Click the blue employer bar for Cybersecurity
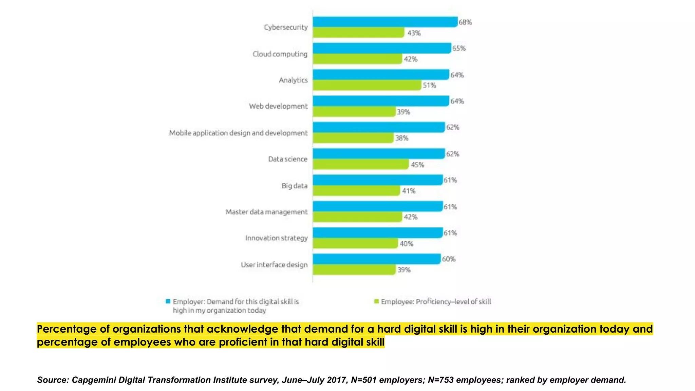tap(385, 22)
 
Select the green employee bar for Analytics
tap(367, 85)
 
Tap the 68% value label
tap(465, 22)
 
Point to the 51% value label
tap(429, 86)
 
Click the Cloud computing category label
tap(280, 54)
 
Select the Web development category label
tap(278, 106)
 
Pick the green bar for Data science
tap(360, 165)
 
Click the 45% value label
tap(417, 165)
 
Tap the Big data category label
tap(294, 186)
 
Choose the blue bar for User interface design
tap(377, 259)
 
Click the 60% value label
tap(448, 259)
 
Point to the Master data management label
tap(266, 212)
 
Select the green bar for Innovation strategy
tap(355, 243)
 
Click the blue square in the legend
tap(168, 301)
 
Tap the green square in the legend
tap(376, 301)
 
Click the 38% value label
tap(401, 138)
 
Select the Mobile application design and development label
tap(238, 133)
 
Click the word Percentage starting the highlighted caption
tap(67, 329)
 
